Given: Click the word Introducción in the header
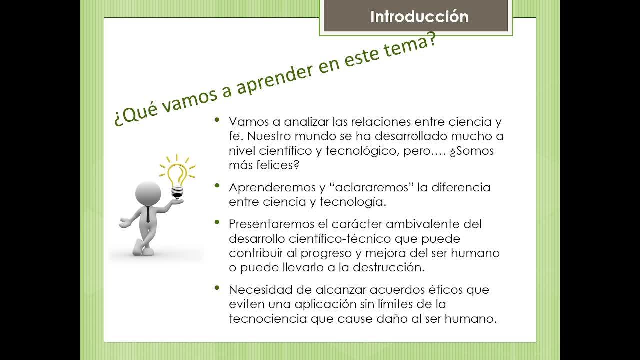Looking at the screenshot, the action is pyautogui.click(x=419, y=17).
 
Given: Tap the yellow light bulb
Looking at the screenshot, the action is pyautogui.click(x=177, y=177).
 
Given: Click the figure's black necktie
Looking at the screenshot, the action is pyautogui.click(x=148, y=214).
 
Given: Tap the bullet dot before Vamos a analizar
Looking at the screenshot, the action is pyautogui.click(x=217, y=120).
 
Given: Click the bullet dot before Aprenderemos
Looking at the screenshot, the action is pyautogui.click(x=217, y=185).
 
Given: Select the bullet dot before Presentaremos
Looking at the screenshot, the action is pyautogui.click(x=217, y=222).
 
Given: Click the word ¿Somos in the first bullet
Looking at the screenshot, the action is pyautogui.click(x=472, y=151).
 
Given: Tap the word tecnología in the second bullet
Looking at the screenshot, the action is pyautogui.click(x=353, y=202).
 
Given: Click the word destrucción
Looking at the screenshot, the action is pyautogui.click(x=389, y=267).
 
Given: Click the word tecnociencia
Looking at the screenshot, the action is pyautogui.click(x=268, y=319).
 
